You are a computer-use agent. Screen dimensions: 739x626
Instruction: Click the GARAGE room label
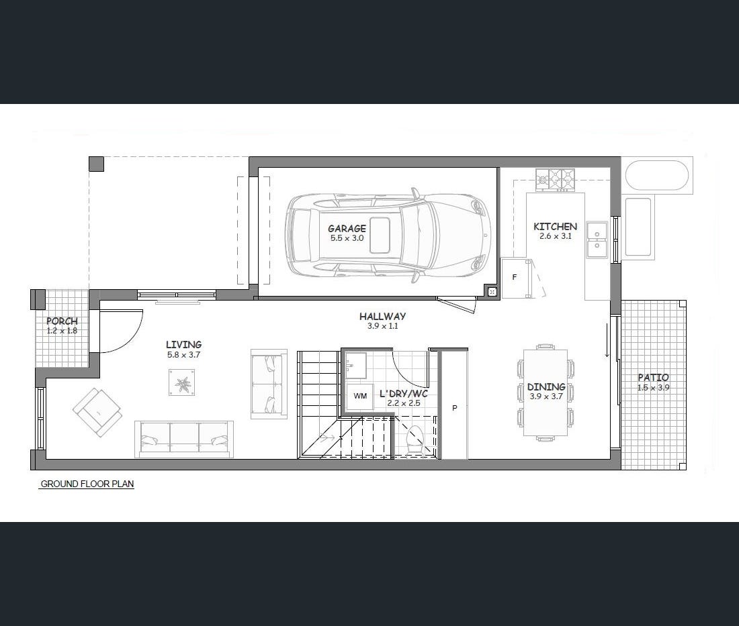(347, 228)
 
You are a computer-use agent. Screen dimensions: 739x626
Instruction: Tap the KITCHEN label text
(555, 226)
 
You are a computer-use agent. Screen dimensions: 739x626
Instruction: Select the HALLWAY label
(382, 316)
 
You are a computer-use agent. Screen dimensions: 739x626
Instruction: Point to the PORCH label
(62, 321)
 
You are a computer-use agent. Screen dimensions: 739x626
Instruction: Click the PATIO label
(653, 377)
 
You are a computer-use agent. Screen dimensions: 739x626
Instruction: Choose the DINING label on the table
(546, 387)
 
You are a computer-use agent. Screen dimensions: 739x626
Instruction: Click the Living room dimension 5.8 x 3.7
(183, 355)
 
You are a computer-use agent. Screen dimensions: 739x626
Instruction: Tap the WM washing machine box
(360, 396)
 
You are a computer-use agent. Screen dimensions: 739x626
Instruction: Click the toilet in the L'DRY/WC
(415, 439)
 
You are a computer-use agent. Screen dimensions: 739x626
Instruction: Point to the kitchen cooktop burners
(556, 180)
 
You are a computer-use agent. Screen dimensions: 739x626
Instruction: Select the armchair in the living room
(97, 413)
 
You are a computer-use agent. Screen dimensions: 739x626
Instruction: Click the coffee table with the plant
(182, 382)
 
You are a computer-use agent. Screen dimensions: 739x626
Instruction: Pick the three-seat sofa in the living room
(184, 439)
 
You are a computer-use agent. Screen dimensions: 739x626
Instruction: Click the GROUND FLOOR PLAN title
(87, 484)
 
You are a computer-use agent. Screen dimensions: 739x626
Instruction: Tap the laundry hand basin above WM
(356, 366)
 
